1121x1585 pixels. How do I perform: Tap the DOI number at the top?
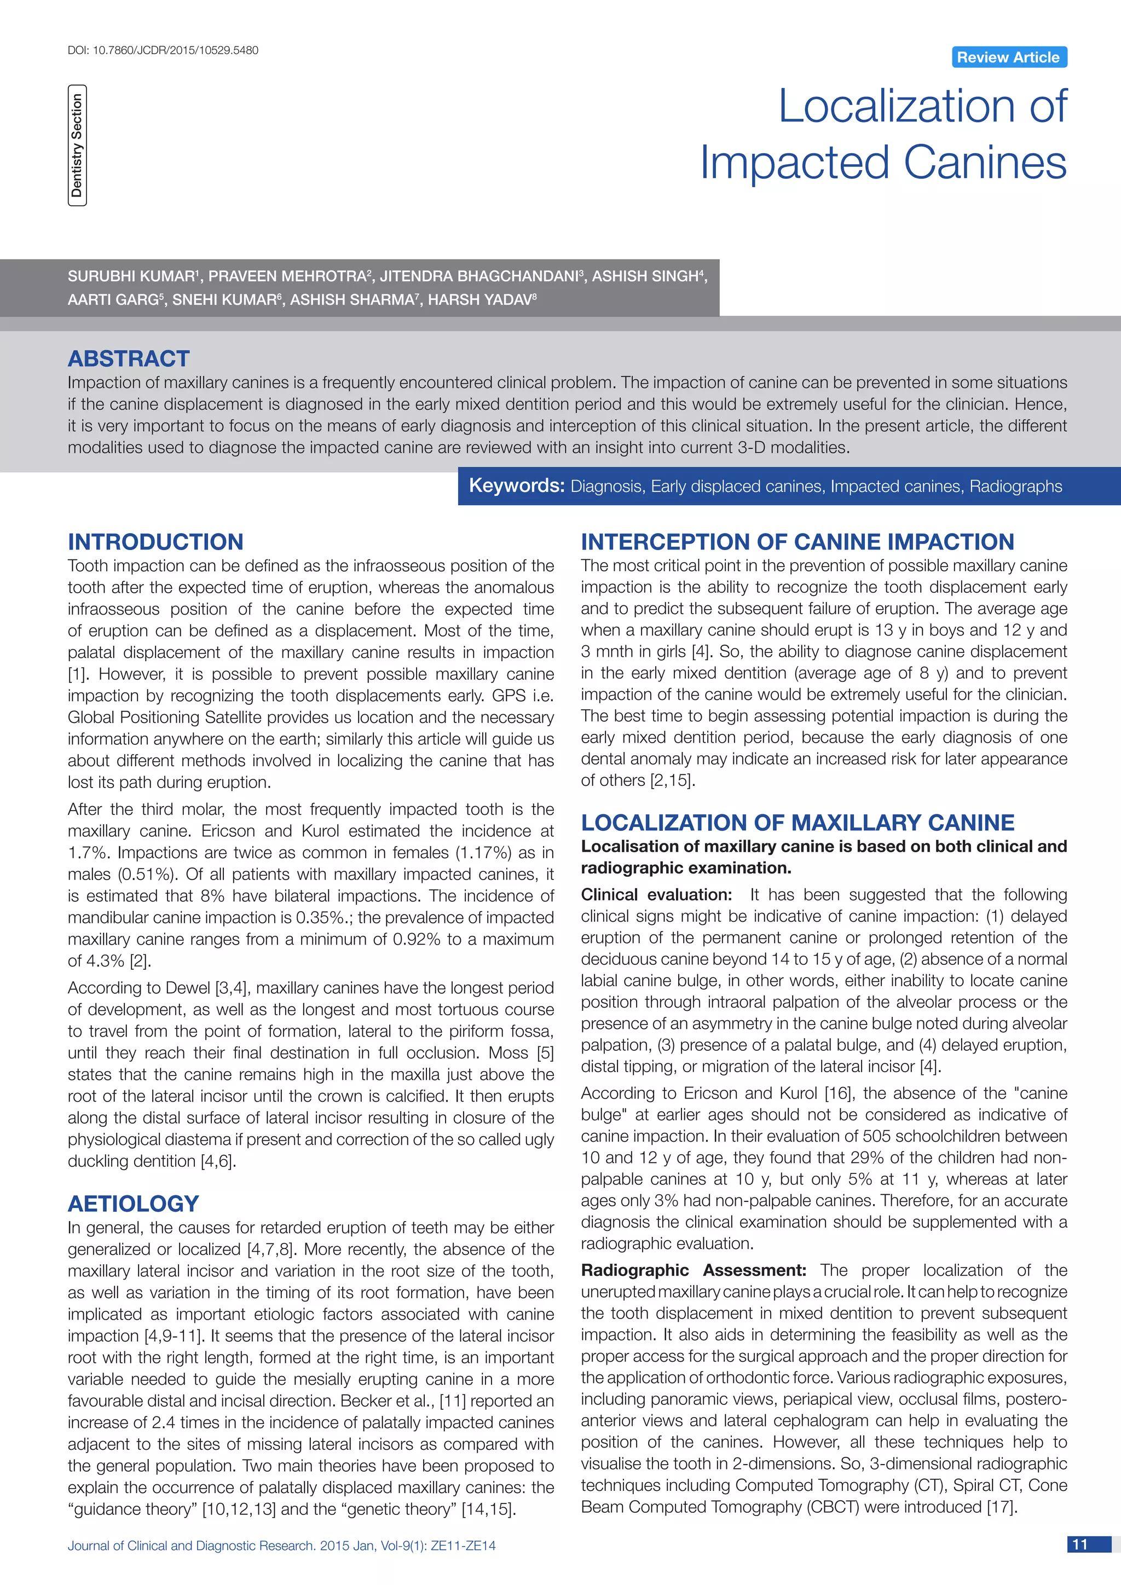[163, 50]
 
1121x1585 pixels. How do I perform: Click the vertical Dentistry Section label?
[77, 146]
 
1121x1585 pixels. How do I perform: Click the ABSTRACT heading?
[129, 358]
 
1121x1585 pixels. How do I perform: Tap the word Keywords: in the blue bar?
[516, 485]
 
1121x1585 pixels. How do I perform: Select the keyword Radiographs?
[1015, 486]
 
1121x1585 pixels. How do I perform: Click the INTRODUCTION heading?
[155, 541]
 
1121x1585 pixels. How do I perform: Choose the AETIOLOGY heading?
[133, 1203]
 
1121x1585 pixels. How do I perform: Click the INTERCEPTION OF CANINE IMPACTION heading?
[798, 541]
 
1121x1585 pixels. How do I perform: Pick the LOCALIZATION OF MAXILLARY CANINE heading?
[798, 822]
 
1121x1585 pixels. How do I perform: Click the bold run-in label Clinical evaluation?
[656, 895]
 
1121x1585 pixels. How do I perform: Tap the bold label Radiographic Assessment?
[693, 1270]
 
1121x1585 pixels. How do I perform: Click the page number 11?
[1080, 1544]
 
